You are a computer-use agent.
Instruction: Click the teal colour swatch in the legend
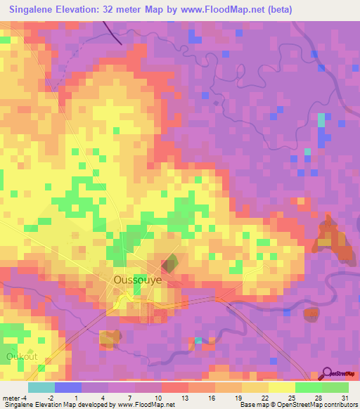[x=41, y=387]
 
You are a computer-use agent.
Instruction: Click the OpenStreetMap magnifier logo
[x=327, y=373]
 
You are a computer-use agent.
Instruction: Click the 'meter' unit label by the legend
[x=10, y=398]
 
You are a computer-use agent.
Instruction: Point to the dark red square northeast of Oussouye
[x=169, y=265]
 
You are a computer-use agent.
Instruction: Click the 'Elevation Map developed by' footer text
[x=77, y=405]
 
